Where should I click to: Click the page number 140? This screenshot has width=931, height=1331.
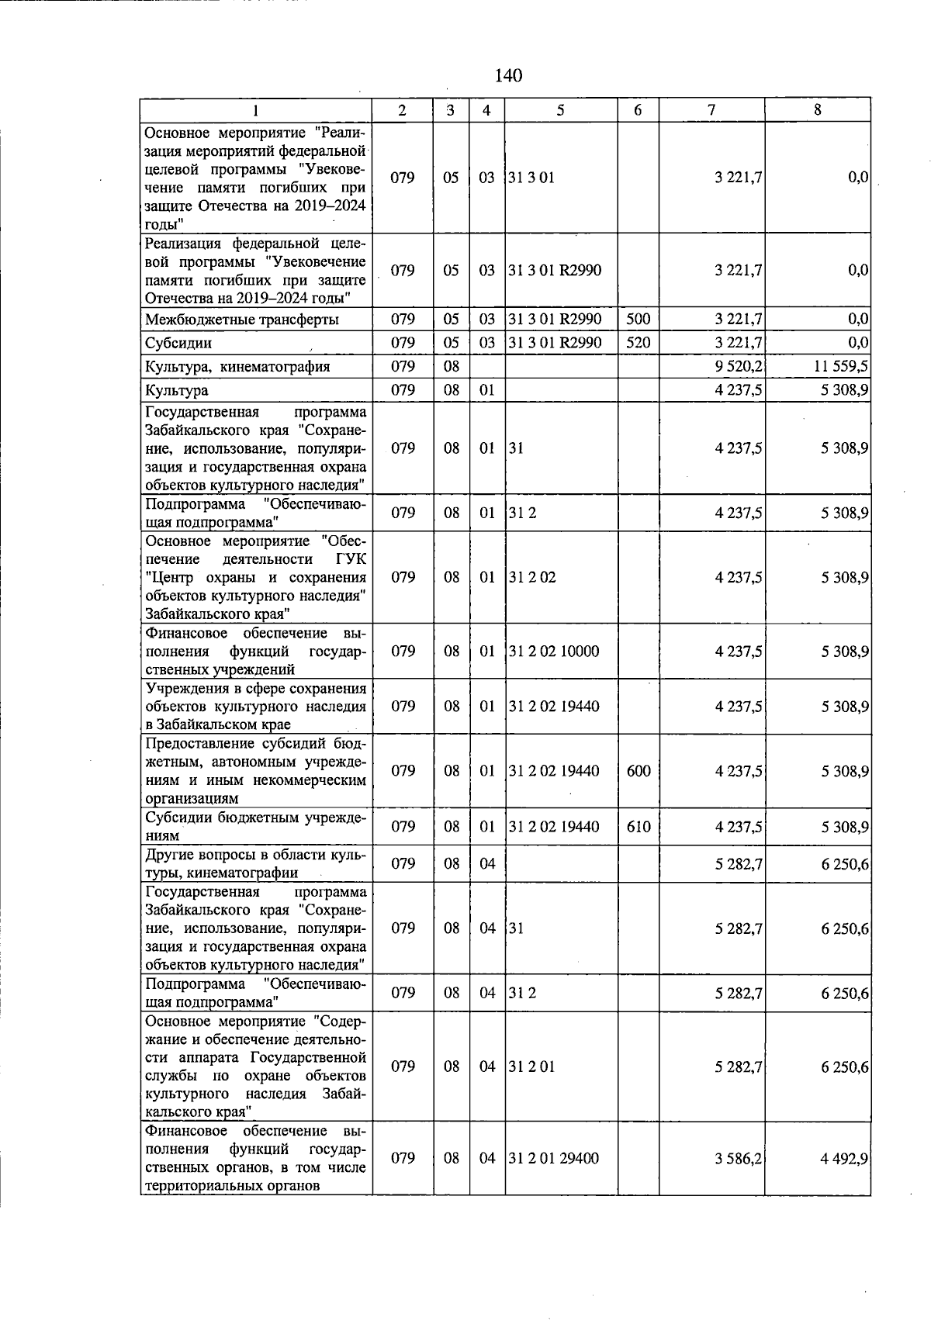508,75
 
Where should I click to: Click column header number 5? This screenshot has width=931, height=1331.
560,110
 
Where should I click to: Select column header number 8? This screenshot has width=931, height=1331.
817,110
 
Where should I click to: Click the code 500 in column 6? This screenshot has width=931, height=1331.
638,319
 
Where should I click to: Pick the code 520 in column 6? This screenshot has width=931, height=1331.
638,342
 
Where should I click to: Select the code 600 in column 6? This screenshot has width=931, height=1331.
638,771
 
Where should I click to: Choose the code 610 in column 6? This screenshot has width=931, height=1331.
638,827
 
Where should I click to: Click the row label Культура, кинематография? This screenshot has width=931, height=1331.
237,367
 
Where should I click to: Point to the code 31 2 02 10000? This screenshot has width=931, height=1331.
553,652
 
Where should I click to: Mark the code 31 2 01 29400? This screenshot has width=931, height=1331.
553,1158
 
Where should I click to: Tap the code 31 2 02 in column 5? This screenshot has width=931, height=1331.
532,577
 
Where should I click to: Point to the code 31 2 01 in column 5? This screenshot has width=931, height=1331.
532,1067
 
